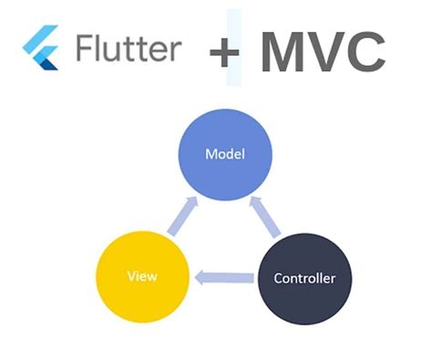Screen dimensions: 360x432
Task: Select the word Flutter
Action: [127, 48]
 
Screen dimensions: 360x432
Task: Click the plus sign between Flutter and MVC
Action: [223, 53]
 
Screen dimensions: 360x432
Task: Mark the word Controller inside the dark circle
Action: [303, 277]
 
